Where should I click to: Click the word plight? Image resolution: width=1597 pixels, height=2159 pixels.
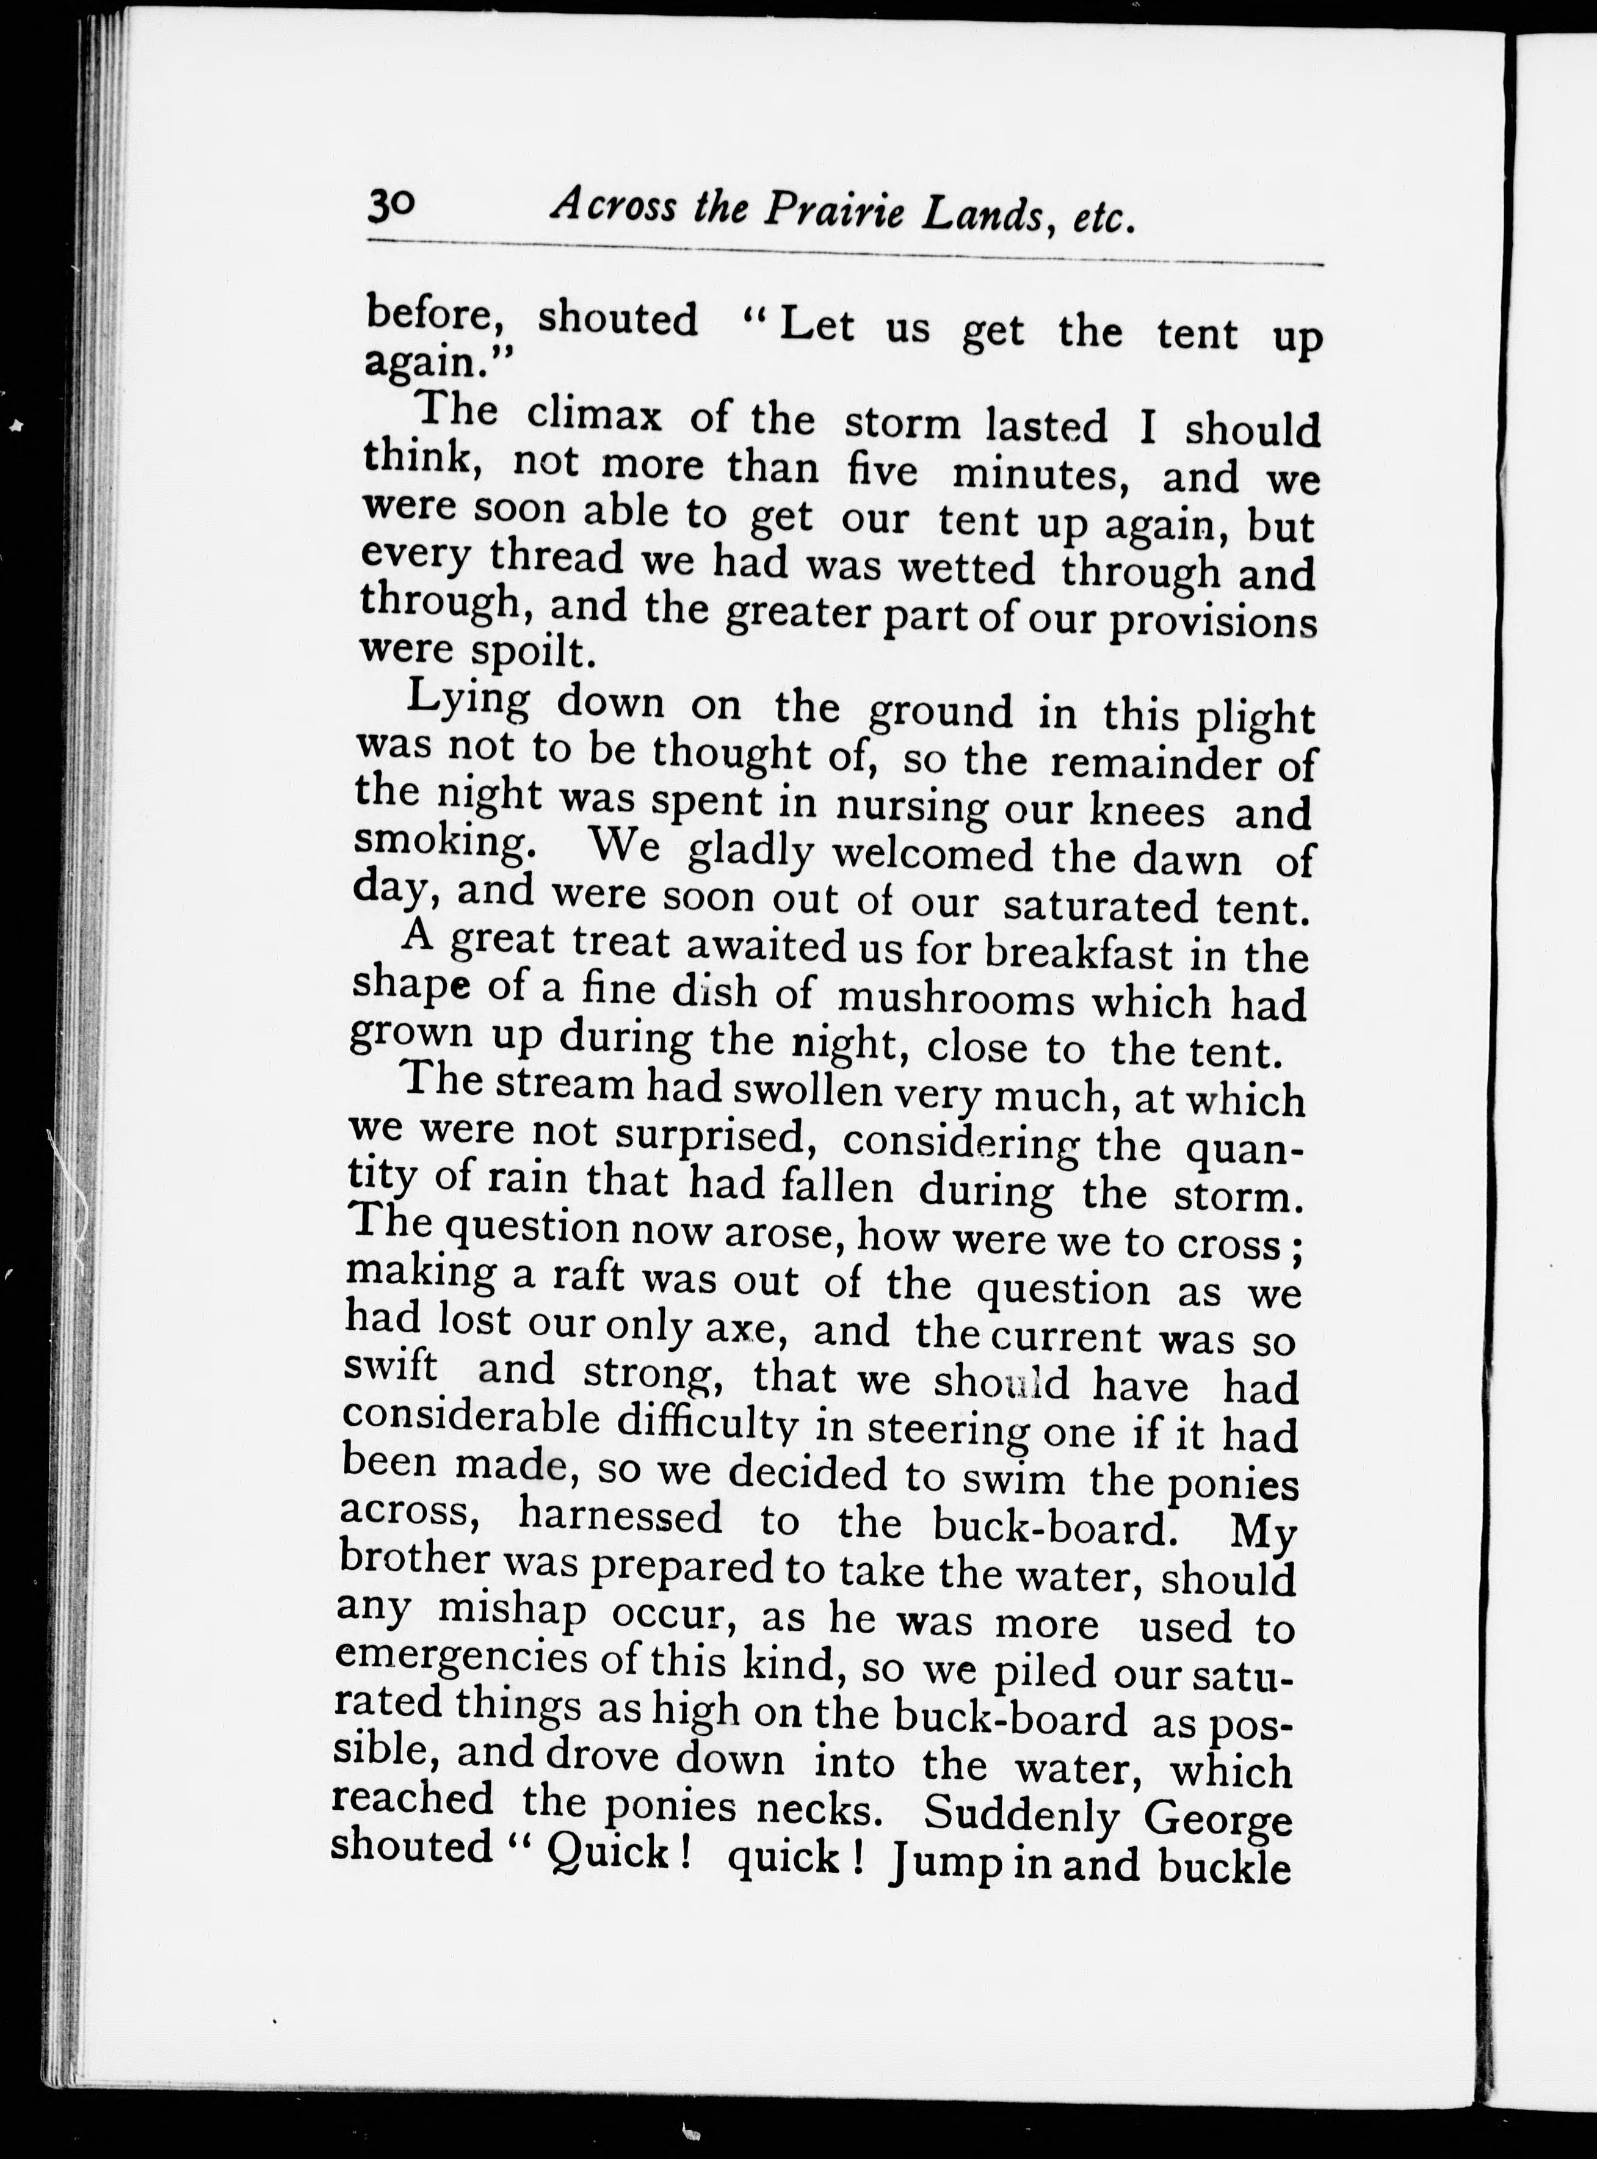pos(1255,719)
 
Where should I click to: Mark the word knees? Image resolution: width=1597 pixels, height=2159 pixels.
pos(1146,810)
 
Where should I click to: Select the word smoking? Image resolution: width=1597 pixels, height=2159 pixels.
pos(443,841)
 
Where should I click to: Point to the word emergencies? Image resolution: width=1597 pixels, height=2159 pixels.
pos(457,1659)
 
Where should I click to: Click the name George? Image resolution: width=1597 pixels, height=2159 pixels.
pos(1217,1819)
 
